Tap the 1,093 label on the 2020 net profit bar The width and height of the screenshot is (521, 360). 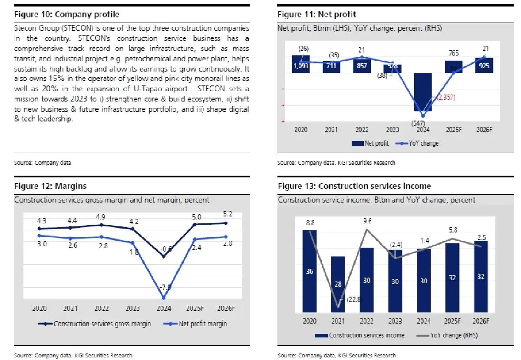click(301, 65)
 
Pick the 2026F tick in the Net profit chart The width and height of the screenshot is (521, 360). click(484, 130)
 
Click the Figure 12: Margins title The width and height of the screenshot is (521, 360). click(50, 186)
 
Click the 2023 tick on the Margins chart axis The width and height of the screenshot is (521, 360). click(133, 308)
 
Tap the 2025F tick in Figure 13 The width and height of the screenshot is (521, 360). click(452, 321)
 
